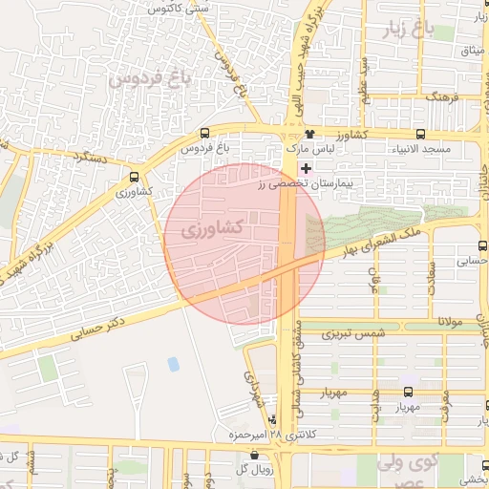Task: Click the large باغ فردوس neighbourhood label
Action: pyautogui.click(x=148, y=75)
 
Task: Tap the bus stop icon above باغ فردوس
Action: pyautogui.click(x=205, y=134)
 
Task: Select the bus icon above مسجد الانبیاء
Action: pyautogui.click(x=421, y=134)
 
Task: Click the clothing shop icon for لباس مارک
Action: pyautogui.click(x=309, y=134)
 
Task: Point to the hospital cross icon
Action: pyautogui.click(x=305, y=168)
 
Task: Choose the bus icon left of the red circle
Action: pyautogui.click(x=134, y=176)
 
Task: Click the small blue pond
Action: pyautogui.click(x=173, y=364)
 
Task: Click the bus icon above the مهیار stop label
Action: pyautogui.click(x=409, y=392)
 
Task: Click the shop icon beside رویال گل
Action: pyautogui.click(x=239, y=468)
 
